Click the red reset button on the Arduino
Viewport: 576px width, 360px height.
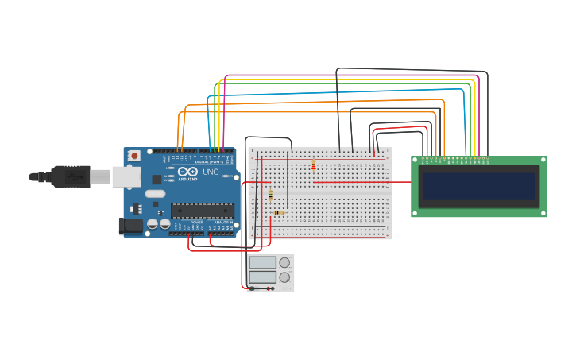(134, 156)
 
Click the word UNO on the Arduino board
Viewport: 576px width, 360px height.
(211, 172)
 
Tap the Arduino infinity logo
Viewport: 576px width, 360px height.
(188, 172)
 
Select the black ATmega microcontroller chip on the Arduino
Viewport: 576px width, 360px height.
(202, 211)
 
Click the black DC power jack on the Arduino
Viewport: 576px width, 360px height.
(130, 226)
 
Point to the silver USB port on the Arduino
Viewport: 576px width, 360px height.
(126, 176)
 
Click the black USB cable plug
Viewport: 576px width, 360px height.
(72, 176)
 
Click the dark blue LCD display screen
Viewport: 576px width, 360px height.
(479, 187)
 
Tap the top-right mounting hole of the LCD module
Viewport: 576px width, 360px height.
(543, 160)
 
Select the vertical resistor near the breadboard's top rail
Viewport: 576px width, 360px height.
(314, 165)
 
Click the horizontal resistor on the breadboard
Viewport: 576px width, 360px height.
(279, 212)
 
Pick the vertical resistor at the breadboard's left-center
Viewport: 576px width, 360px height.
(270, 195)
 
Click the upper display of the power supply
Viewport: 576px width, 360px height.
(262, 262)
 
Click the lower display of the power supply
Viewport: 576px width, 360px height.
(262, 277)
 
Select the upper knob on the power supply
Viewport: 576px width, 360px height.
(284, 263)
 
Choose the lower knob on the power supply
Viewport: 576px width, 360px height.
(284, 277)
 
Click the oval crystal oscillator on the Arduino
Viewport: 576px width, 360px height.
(156, 194)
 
